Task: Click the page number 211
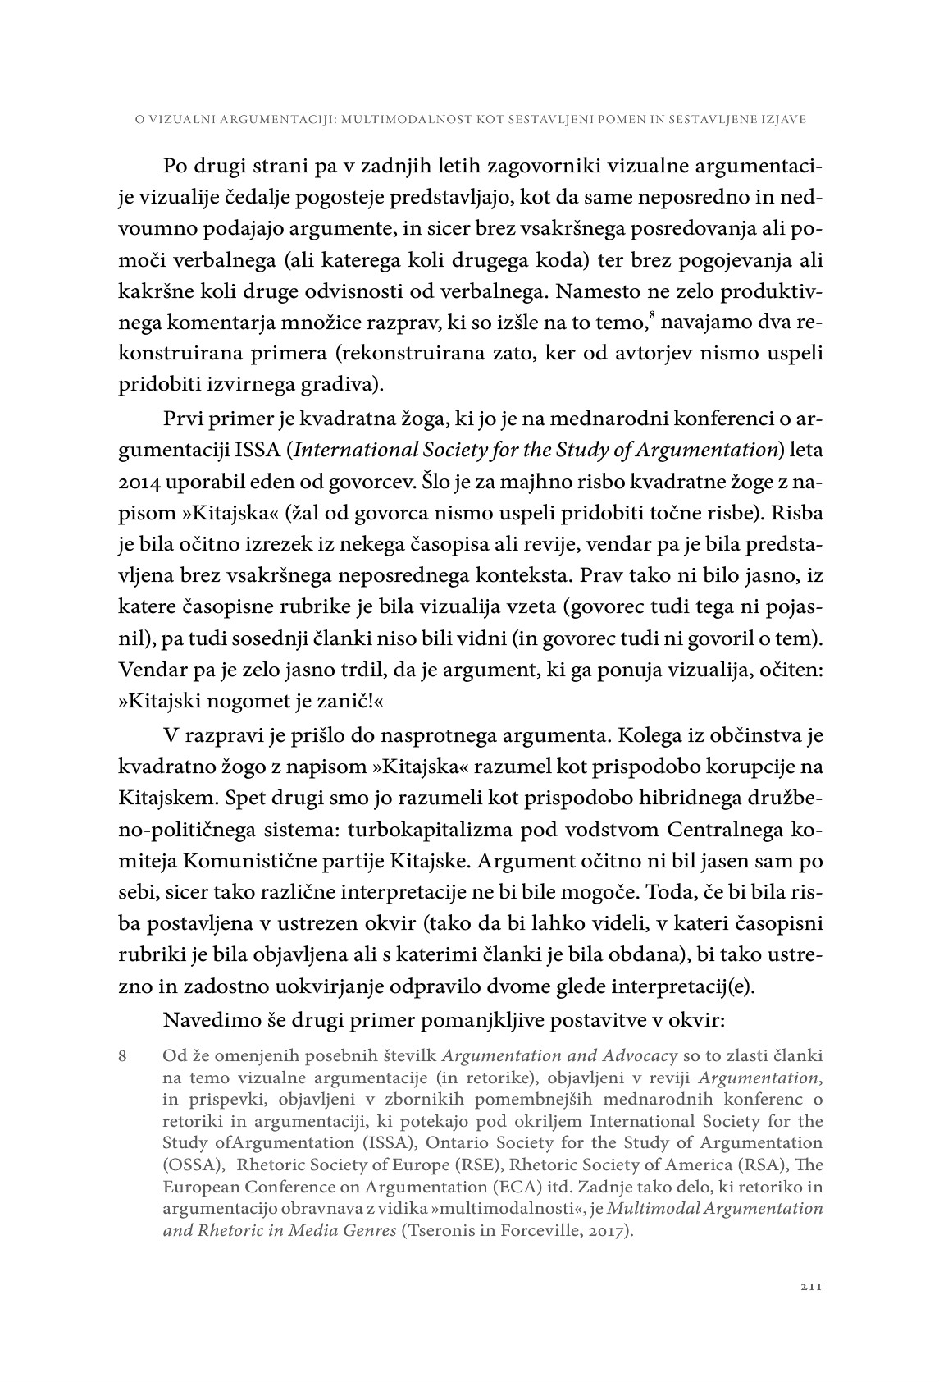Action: click(x=810, y=1288)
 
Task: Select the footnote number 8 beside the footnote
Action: click(x=123, y=1056)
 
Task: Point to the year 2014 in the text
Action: click(x=139, y=480)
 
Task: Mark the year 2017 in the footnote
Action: click(x=610, y=1231)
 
